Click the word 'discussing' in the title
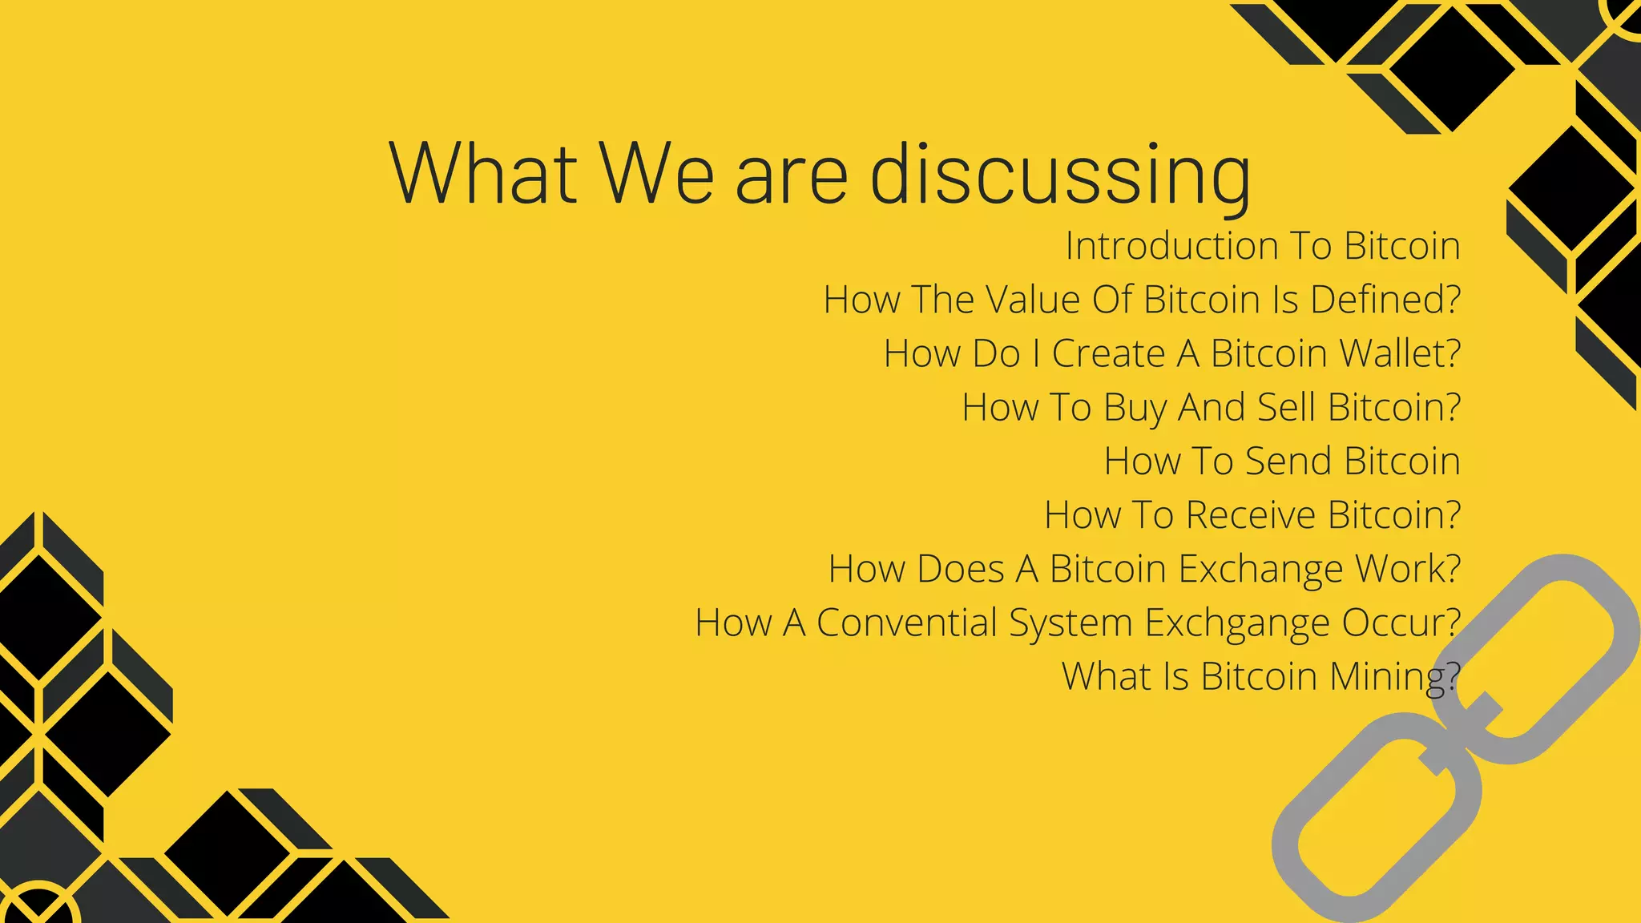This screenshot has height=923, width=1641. (1059, 175)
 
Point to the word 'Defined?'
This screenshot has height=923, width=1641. (1385, 300)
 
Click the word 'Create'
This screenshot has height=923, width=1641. (1108, 353)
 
